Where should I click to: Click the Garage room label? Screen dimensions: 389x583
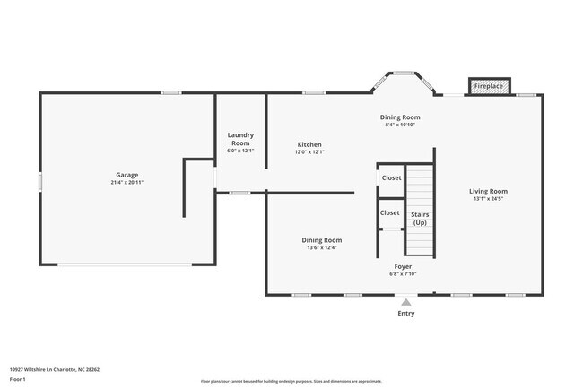[126, 175]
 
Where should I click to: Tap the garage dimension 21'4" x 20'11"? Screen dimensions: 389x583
[126, 183]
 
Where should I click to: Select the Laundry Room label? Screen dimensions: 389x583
[240, 139]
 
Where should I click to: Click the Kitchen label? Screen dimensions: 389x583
[309, 144]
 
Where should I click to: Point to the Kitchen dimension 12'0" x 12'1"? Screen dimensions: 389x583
[309, 152]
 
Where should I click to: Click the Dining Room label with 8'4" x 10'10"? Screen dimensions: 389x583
[399, 117]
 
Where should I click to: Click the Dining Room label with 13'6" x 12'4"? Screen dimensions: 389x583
[321, 240]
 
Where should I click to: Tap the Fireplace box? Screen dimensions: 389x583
[489, 87]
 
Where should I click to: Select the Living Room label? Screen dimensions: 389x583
[488, 191]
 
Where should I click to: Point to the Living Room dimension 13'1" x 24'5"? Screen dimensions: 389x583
[488, 199]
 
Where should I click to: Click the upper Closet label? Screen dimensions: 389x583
[391, 177]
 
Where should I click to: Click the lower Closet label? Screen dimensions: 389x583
[389, 212]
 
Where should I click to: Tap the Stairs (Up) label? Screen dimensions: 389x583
[419, 219]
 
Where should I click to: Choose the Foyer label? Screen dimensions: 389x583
[403, 266]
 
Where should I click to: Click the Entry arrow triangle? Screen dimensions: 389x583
[405, 302]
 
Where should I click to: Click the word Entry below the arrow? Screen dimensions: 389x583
[405, 313]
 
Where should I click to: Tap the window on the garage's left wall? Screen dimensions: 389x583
[40, 181]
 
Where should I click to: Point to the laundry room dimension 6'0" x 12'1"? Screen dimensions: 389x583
[240, 151]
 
